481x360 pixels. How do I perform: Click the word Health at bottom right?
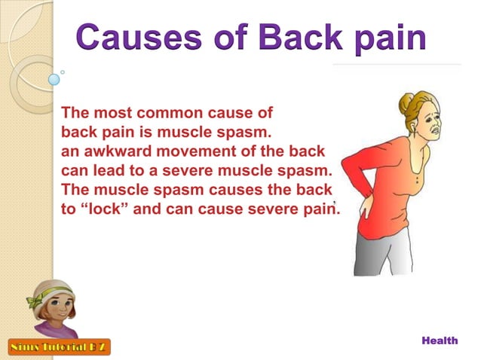point(440,341)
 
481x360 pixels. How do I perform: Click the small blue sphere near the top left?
point(54,78)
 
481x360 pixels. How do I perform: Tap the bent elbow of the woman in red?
point(349,169)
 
